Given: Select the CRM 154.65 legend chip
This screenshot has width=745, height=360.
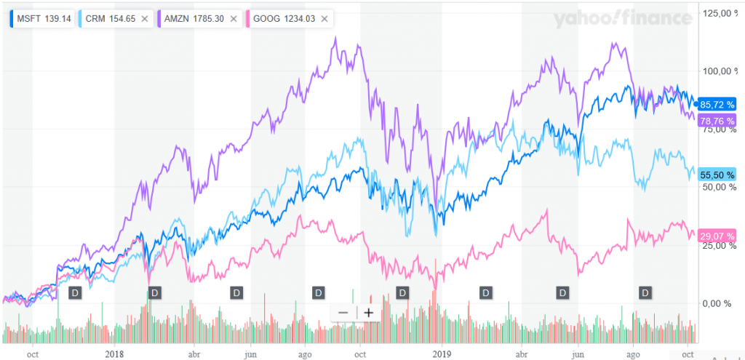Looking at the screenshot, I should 105,18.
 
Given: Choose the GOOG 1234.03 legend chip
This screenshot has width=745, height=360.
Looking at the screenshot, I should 283,18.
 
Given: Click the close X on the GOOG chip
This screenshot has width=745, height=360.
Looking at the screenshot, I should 324,18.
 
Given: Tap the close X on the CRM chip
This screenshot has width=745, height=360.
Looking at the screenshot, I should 144,18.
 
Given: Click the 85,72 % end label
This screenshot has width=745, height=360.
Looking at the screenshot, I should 716,105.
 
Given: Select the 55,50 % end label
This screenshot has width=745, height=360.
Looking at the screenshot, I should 716,175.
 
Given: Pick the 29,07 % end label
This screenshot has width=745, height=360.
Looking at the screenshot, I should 716,236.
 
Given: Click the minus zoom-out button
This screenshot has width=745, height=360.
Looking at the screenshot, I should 343,313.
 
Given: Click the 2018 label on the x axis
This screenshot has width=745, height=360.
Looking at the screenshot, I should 114,353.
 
